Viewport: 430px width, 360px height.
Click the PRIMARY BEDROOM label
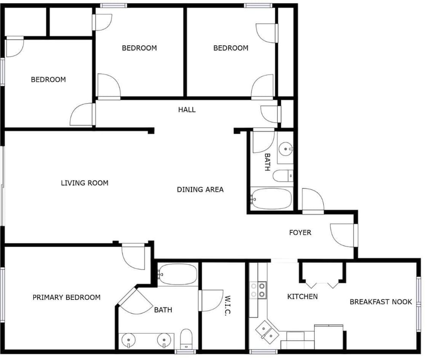[x=66, y=298]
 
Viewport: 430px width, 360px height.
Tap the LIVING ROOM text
[x=84, y=183]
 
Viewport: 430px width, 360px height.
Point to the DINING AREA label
[x=200, y=190]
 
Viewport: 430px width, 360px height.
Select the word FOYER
[x=300, y=233]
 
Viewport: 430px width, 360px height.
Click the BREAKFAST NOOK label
[x=381, y=302]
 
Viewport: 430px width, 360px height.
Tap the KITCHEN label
[x=302, y=297]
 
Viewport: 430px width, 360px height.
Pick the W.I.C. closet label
[x=227, y=305]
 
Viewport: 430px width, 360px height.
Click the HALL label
[x=187, y=110]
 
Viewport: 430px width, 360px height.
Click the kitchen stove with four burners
[x=258, y=290]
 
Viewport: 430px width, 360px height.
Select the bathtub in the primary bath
[x=178, y=274]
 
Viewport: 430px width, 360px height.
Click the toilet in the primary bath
[x=186, y=339]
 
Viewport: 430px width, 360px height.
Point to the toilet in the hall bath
[x=283, y=175]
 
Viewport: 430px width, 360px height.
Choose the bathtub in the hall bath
[x=271, y=199]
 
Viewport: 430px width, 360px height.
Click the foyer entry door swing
[x=343, y=235]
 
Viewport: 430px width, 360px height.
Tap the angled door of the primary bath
[x=135, y=301]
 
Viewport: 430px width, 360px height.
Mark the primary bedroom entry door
[x=133, y=256]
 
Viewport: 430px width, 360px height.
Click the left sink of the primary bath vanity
[x=128, y=340]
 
